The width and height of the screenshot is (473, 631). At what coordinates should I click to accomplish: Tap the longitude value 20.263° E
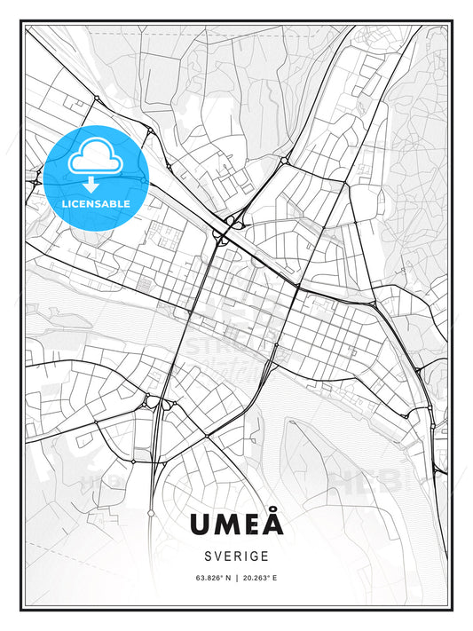click(x=259, y=578)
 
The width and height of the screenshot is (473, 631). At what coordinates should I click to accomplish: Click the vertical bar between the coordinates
click(x=237, y=578)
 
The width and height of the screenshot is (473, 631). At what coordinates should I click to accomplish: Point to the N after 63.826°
click(x=226, y=578)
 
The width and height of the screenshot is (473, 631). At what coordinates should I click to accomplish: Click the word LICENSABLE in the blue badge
click(x=95, y=203)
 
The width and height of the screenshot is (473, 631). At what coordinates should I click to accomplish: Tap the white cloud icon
click(x=94, y=158)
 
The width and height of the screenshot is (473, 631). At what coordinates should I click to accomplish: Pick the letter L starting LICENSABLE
click(x=64, y=203)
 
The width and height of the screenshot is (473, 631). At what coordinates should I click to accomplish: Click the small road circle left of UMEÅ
click(x=150, y=514)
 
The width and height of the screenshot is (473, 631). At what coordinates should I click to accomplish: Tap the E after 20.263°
click(x=275, y=578)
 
